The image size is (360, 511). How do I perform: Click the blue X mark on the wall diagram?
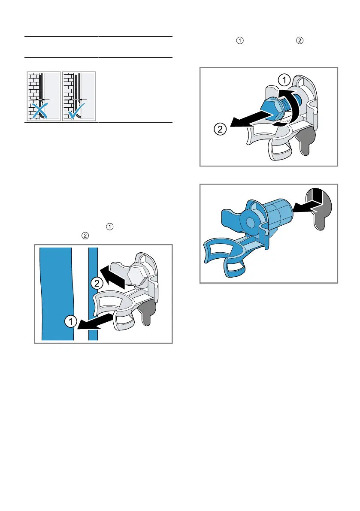(40, 110)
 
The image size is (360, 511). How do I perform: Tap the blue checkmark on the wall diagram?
(77, 111)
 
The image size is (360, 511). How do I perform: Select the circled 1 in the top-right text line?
(240, 40)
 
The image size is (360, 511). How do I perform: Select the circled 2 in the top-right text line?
(299, 40)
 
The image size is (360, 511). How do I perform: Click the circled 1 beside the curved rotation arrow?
(284, 80)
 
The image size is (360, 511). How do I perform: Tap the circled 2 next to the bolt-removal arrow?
(220, 130)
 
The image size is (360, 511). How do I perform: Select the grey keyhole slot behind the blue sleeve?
(320, 211)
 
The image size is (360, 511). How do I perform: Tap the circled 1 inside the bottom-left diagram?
(70, 321)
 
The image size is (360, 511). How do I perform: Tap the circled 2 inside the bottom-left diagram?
(97, 283)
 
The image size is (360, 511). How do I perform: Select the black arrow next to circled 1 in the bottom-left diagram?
(95, 322)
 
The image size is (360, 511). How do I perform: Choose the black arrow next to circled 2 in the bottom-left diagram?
(113, 277)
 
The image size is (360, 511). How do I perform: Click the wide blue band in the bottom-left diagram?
(57, 294)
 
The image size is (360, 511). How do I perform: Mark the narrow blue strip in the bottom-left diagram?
(93, 294)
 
